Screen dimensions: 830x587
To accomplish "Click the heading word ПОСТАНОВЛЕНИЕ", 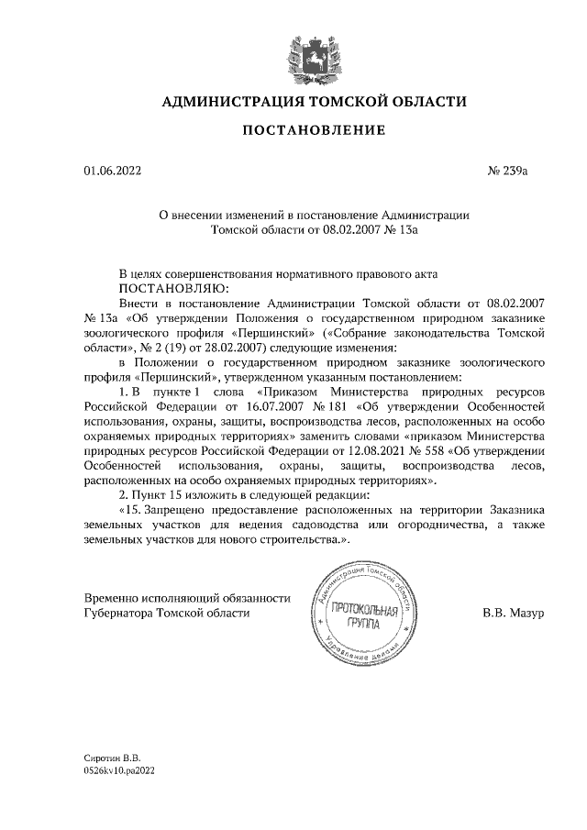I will (x=313, y=132).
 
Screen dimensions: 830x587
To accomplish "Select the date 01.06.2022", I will (x=112, y=171).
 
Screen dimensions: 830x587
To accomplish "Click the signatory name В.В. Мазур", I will (x=514, y=613).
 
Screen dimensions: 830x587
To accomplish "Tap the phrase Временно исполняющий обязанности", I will (x=187, y=597).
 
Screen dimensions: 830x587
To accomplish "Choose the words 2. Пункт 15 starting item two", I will (x=153, y=494).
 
